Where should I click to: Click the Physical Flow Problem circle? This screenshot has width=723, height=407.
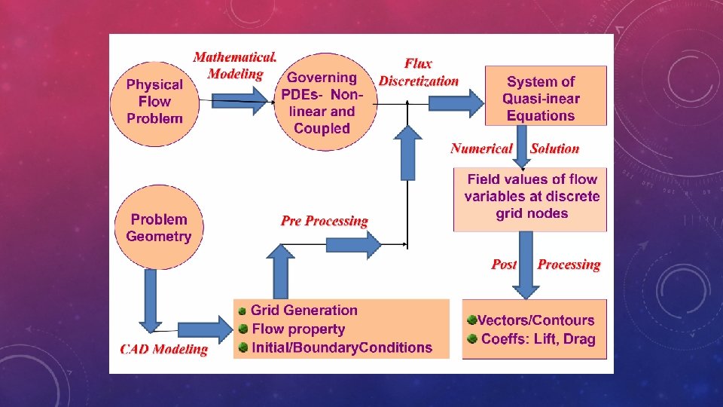[154, 102]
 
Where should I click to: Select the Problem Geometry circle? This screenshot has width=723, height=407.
[158, 228]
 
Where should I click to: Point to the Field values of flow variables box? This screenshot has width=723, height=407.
[530, 197]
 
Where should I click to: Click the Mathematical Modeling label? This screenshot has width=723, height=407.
[235, 66]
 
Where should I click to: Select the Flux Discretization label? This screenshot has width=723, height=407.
[418, 72]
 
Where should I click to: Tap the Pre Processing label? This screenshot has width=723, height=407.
[324, 221]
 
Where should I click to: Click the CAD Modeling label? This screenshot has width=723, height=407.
[164, 349]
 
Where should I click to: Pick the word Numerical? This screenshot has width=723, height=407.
[481, 148]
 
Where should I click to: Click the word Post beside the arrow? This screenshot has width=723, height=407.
[504, 264]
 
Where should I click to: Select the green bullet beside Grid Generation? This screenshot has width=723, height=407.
[243, 311]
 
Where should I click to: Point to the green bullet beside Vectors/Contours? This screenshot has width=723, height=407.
[471, 320]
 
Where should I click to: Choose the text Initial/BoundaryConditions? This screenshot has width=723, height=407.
[342, 347]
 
